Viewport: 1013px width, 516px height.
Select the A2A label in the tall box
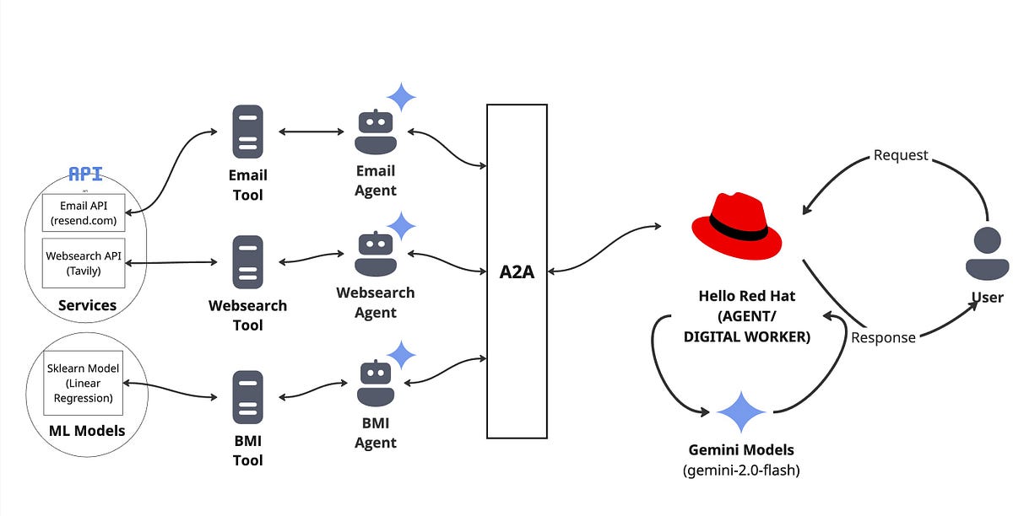tap(517, 271)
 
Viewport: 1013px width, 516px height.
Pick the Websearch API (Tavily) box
tap(84, 263)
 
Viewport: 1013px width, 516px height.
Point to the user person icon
tap(987, 254)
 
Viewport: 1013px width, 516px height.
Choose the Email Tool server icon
tap(247, 132)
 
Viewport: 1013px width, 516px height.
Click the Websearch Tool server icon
tap(247, 263)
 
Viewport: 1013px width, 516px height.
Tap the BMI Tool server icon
tap(247, 397)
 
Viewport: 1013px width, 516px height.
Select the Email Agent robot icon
tap(376, 132)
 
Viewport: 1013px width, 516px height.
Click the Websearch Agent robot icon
tap(376, 255)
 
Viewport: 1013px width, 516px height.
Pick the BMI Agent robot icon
tap(376, 384)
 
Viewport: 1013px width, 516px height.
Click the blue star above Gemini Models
tap(740, 412)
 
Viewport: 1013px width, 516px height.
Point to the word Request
tap(901, 155)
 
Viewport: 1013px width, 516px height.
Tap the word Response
tap(883, 337)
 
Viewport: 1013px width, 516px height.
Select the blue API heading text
tap(85, 175)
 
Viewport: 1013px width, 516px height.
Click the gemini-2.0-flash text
tap(740, 470)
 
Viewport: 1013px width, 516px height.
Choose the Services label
tap(87, 305)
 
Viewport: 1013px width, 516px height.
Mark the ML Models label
tap(87, 431)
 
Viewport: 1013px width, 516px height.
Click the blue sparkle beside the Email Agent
tap(401, 97)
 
